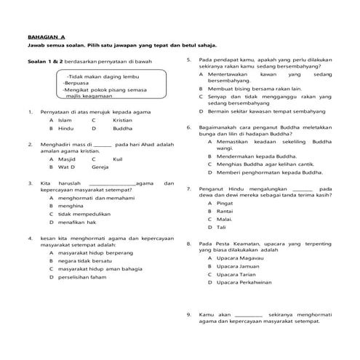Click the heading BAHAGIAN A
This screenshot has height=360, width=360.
[x=46, y=36]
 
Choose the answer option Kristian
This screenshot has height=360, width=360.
[x=123, y=119]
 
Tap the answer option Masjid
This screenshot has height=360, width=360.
[x=67, y=157]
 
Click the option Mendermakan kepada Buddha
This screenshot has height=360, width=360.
[x=258, y=156]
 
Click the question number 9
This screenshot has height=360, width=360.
[x=188, y=314]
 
